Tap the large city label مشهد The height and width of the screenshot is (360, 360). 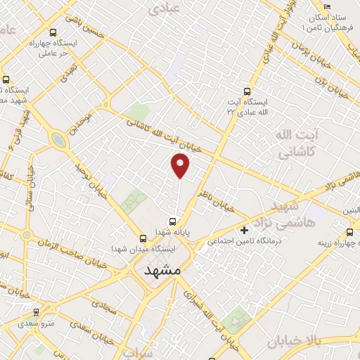pos(162,269)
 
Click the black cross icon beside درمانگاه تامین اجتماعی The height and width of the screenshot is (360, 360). pos(245,230)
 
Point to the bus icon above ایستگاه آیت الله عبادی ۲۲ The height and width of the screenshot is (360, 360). pos(246,91)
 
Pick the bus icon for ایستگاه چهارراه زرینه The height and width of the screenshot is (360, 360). pos(350,231)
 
